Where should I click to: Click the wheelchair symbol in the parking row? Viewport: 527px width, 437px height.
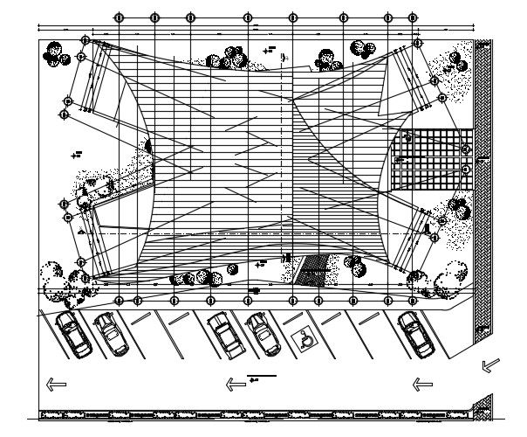[x=305, y=334]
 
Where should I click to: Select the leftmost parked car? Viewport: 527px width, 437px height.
[x=72, y=333]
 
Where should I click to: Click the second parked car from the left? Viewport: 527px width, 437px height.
[x=110, y=335]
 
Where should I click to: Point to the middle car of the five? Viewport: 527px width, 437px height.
[x=223, y=335]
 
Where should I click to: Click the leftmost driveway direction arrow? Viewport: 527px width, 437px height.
[x=55, y=383]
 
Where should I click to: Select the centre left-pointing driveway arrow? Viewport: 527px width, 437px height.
[x=236, y=383]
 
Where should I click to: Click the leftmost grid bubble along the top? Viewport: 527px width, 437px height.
[x=120, y=17]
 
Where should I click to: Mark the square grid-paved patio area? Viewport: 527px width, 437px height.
[x=431, y=160]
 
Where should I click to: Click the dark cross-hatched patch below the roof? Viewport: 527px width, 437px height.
[x=311, y=271]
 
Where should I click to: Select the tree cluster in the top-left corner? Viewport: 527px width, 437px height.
[x=56, y=54]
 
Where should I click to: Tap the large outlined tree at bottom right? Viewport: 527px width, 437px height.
[x=453, y=275]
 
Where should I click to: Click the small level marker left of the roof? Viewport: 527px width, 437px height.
[x=77, y=154]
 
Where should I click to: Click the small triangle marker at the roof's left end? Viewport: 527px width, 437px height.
[x=81, y=232]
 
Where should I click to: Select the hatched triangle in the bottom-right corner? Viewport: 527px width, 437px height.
[x=478, y=405]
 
